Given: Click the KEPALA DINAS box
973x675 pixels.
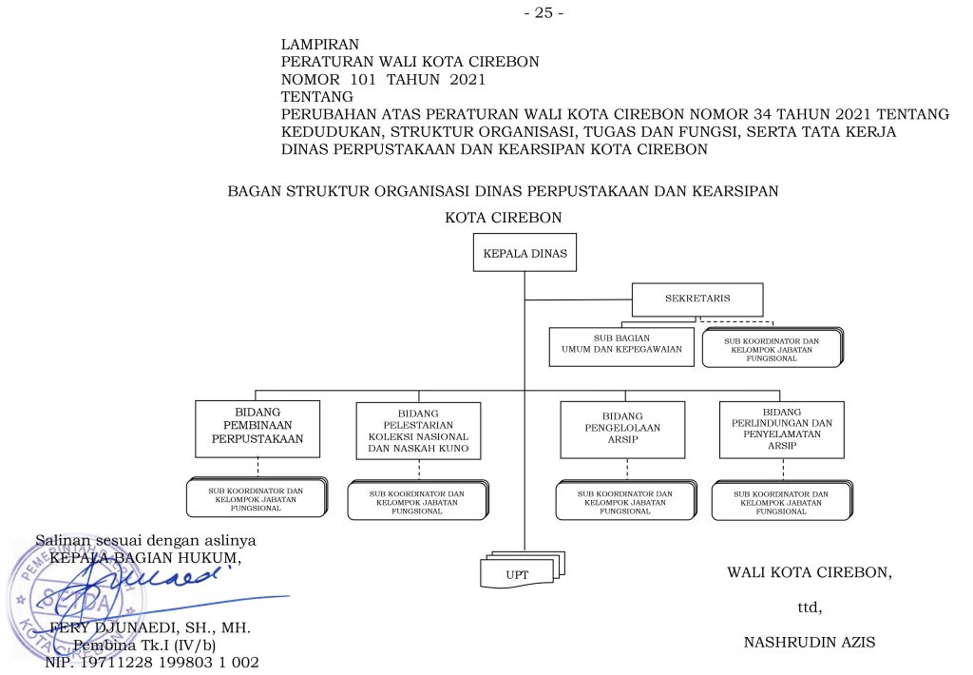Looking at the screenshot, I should pos(524,255).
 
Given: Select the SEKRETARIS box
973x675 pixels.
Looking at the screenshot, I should pos(697,300).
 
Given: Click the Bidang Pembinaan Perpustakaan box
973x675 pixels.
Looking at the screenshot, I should pos(258,428).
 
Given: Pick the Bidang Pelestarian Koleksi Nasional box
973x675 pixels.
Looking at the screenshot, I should pos(418,431).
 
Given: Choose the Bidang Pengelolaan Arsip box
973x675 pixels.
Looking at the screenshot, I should pos(622,429).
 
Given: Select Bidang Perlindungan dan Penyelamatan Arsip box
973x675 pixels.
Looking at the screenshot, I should pos(782,429).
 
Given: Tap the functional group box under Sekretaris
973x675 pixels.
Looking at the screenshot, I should pos(772,347).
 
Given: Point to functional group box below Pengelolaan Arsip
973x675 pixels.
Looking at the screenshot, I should pos(624,501).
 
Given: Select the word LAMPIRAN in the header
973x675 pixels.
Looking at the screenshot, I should pos(320,45).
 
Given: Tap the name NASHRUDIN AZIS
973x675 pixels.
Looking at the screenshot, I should pos(809,643).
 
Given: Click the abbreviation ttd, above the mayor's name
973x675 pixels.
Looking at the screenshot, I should pos(809,607).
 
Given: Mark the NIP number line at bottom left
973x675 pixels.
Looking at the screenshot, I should pos(152,663).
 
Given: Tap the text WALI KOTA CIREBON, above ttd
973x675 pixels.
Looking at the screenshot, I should pos(810,572).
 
